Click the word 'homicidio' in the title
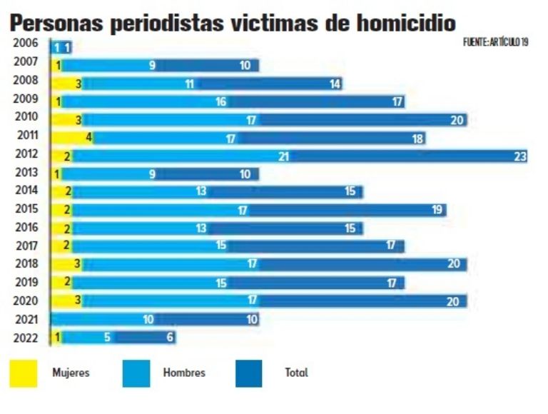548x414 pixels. click(x=395, y=22)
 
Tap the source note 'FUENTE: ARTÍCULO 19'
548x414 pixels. click(x=495, y=43)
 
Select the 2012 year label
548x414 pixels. click(x=27, y=153)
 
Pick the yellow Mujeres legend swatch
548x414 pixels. click(x=24, y=373)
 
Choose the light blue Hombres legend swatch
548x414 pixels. click(x=136, y=373)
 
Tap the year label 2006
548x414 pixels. click(x=27, y=43)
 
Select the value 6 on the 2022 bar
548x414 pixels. click(x=170, y=338)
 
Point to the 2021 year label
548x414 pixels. click(x=27, y=318)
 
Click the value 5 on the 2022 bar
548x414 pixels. click(x=107, y=338)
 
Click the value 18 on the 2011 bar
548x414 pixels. click(x=418, y=138)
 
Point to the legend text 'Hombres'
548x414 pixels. click(x=184, y=373)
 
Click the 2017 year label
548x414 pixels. click(x=27, y=244)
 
